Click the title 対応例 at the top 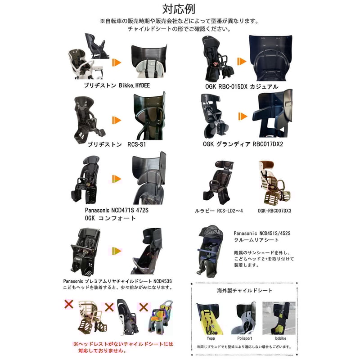[x=179, y=9]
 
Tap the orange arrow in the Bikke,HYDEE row [x=117, y=63]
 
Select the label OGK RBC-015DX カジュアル [x=242, y=86]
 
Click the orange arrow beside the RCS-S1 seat [x=117, y=120]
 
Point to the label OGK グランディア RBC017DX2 [x=243, y=144]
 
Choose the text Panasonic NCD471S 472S [x=117, y=210]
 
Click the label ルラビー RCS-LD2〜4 [x=219, y=211]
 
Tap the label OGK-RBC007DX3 [x=274, y=211]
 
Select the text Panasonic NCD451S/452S [x=262, y=233]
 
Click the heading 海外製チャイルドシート [x=244, y=291]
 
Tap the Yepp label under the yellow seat [x=211, y=338]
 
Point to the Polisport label [x=244, y=338]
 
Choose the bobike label [x=280, y=338]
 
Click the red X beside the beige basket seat [x=69, y=304]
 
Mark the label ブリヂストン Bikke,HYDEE [x=117, y=85]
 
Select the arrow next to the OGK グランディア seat [x=243, y=117]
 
